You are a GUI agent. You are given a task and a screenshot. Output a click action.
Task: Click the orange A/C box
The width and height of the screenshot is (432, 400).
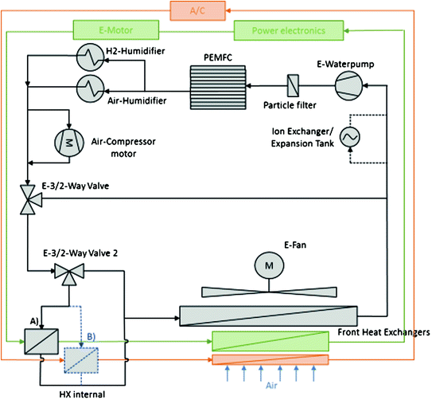(198, 11)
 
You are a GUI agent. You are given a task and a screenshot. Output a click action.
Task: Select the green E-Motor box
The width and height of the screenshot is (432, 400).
(116, 30)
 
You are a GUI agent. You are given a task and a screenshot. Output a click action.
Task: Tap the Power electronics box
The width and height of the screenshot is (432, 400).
(289, 30)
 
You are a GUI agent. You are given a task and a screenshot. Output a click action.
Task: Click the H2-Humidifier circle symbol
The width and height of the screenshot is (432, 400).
(90, 57)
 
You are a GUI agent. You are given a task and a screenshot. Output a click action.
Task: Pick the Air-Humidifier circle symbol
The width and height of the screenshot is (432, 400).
(90, 88)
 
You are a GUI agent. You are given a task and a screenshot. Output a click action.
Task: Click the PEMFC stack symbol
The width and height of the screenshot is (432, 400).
(218, 88)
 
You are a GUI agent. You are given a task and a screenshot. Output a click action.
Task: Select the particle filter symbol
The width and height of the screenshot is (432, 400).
(293, 85)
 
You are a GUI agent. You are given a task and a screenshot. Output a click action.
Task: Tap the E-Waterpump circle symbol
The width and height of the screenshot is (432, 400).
(348, 85)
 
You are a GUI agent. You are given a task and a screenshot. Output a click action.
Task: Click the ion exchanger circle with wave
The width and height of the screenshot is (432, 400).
(350, 137)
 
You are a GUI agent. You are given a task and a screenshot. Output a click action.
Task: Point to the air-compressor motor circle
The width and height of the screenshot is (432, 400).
(69, 143)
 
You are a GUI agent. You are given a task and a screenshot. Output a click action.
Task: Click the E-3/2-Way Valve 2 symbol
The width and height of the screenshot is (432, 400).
(69, 273)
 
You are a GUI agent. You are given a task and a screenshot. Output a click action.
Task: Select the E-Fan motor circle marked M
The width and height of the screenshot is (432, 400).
(269, 265)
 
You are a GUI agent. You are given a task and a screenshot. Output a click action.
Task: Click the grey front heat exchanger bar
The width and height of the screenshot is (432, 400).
(269, 316)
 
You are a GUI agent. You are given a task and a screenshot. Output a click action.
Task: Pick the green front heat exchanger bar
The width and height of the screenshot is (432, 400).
(270, 341)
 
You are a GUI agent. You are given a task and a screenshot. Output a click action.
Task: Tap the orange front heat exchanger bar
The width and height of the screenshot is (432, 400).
(270, 359)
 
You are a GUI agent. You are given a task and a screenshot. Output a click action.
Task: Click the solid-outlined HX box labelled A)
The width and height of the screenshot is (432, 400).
(41, 342)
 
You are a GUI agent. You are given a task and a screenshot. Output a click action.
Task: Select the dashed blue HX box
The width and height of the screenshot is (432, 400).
(81, 360)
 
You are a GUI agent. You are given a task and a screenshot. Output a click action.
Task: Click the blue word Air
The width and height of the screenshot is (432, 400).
(271, 386)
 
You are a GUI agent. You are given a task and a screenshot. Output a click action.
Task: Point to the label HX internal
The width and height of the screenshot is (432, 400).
(82, 394)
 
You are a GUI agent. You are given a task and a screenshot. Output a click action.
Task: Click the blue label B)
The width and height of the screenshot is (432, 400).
(91, 336)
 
